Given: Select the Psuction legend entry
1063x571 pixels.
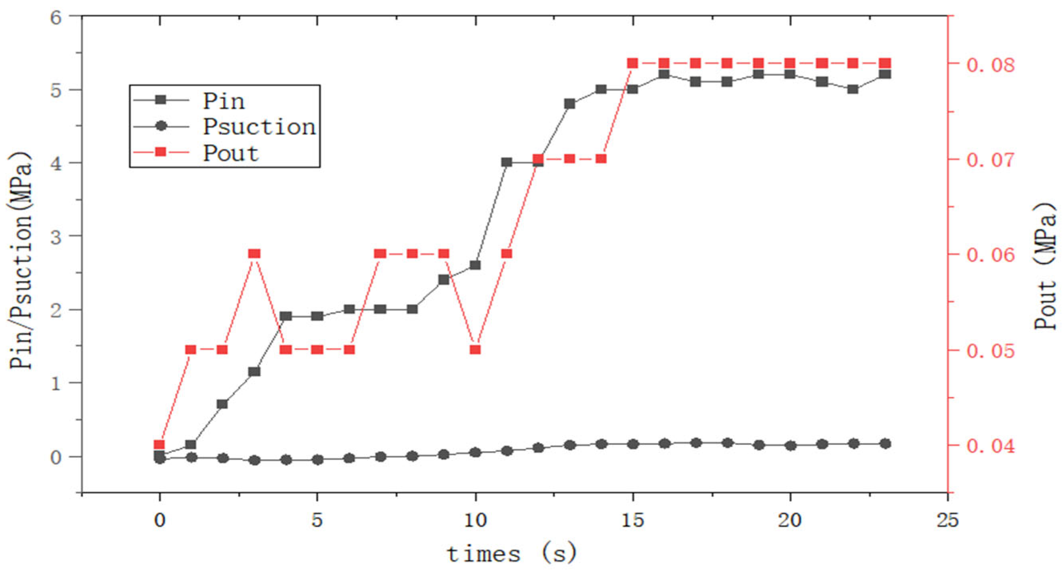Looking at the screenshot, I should tap(259, 126).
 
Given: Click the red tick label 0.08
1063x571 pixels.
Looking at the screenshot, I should tap(990, 65).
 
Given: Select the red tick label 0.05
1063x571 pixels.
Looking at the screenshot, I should tap(990, 351).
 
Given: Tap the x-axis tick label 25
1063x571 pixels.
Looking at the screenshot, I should tap(947, 520).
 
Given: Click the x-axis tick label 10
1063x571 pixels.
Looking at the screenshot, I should tap(475, 520).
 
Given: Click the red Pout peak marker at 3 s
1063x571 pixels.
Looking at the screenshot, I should tap(254, 254).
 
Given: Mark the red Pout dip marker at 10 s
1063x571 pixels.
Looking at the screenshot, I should tap(475, 350).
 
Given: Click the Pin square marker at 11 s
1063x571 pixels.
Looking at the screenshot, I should tap(507, 162).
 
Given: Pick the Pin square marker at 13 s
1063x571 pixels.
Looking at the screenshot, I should tap(570, 103).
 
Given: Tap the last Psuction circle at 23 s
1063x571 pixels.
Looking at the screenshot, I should tap(885, 444).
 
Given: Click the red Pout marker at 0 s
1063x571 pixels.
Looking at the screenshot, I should tap(159, 444).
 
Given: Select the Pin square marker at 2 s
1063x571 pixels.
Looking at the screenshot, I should tap(222, 404).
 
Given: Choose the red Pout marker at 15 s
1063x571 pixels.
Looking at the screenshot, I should tap(632, 63).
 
